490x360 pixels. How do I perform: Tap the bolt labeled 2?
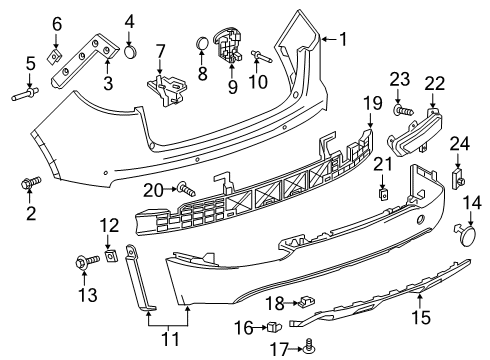point(28,184)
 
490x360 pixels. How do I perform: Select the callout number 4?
point(130,20)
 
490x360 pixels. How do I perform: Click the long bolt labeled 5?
point(24,96)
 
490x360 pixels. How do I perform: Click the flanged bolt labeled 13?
point(80,262)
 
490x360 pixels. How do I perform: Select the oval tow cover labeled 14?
point(467,236)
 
